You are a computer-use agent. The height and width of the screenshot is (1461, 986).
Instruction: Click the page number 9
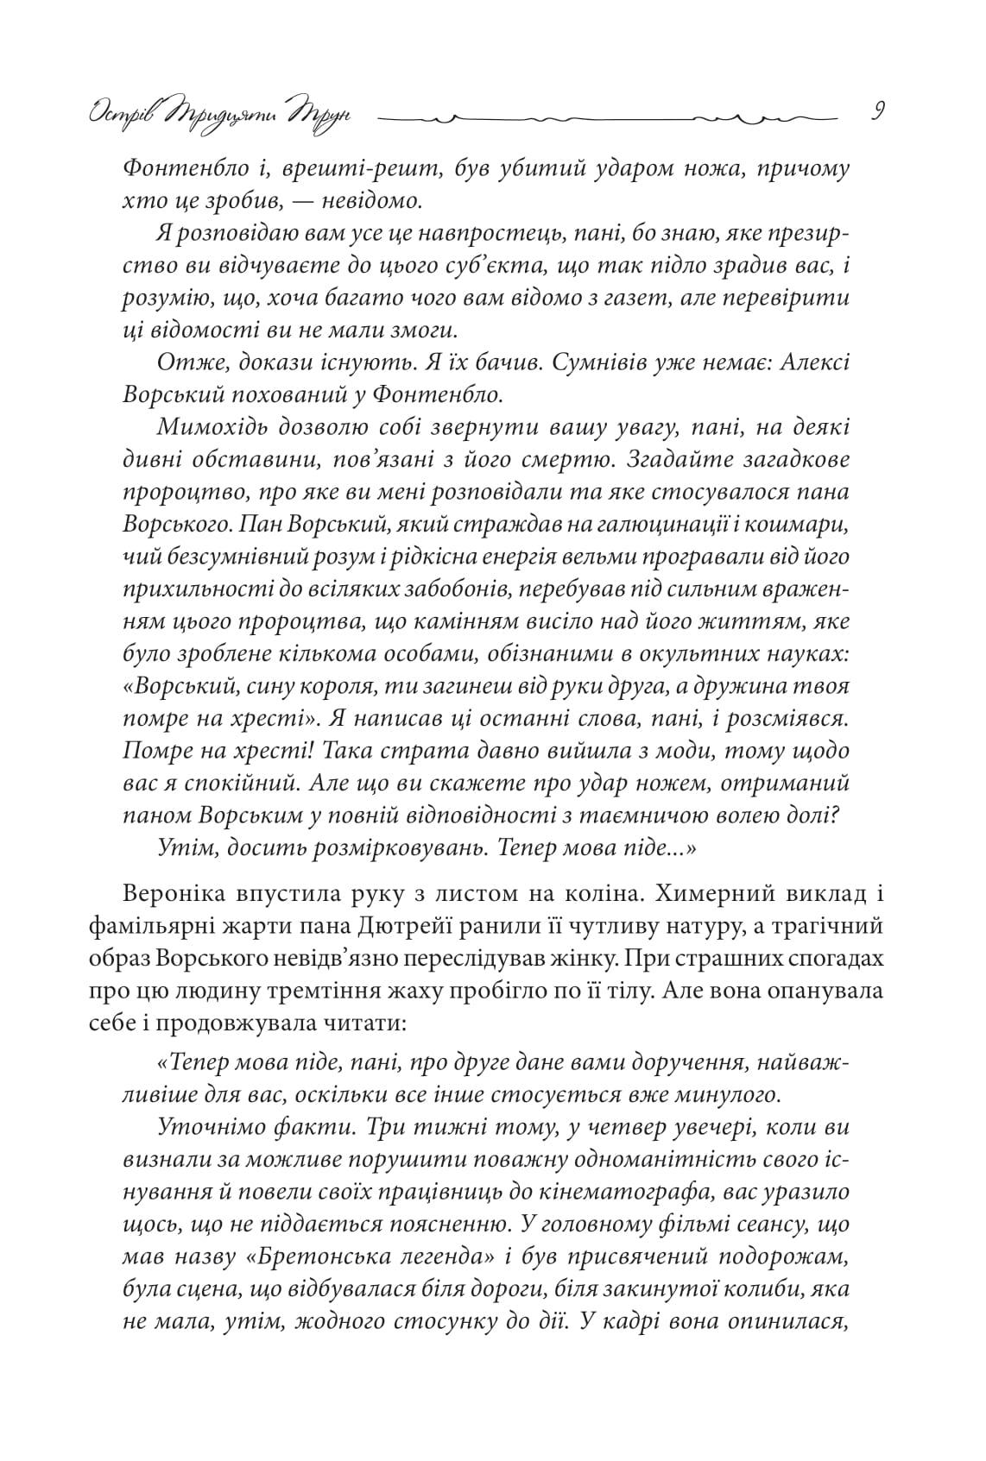pyautogui.click(x=875, y=112)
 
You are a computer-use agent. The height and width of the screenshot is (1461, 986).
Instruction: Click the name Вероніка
pyautogui.click(x=176, y=893)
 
